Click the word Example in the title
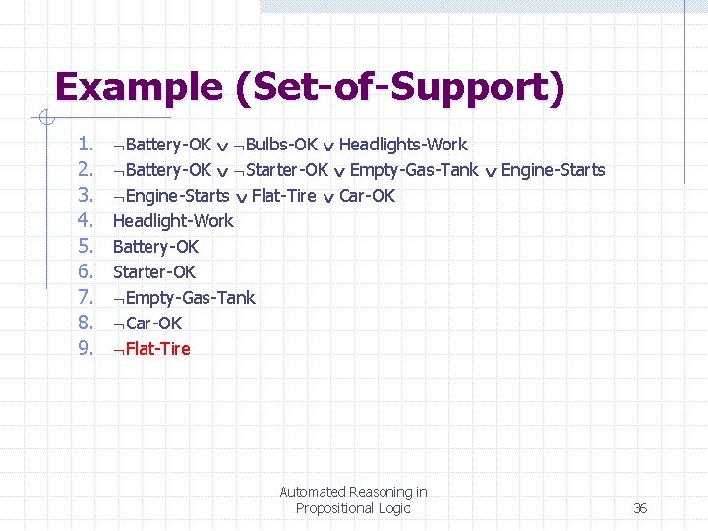(139, 87)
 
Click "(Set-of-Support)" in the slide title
(400, 88)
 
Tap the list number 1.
(86, 145)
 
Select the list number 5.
(86, 247)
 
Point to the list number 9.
(86, 348)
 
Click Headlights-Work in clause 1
(403, 145)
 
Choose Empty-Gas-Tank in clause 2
(414, 170)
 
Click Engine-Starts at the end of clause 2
(553, 170)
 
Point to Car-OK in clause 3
(367, 196)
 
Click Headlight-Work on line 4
(173, 221)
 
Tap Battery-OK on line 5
(155, 247)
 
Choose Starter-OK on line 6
(154, 272)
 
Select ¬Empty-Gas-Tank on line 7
(184, 298)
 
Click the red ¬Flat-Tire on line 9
(151, 349)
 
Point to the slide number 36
(640, 508)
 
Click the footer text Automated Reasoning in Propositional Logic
(353, 500)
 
